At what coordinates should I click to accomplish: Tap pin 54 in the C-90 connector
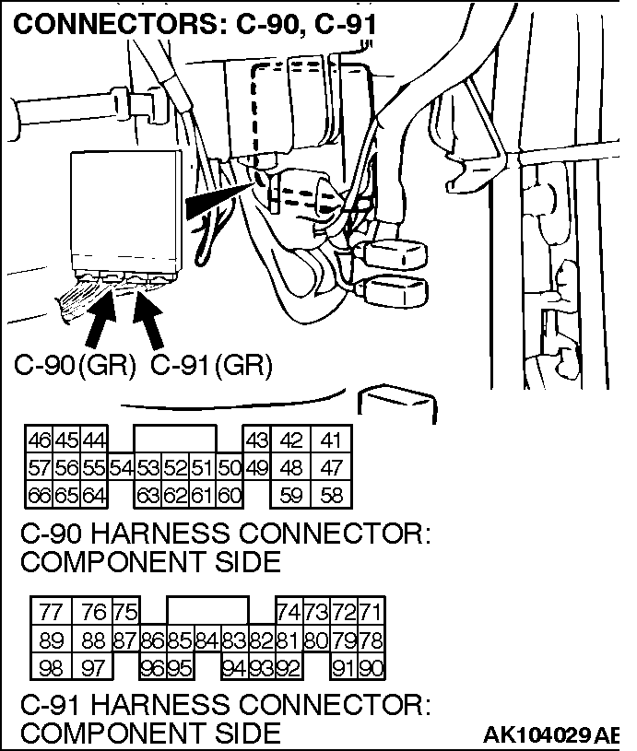click(121, 467)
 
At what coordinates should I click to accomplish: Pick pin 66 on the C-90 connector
click(40, 496)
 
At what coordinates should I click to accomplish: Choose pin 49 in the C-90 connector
click(257, 467)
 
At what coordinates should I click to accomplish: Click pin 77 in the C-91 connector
click(52, 612)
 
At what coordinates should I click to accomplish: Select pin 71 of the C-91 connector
click(371, 612)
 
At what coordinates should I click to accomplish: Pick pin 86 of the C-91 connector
click(153, 640)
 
